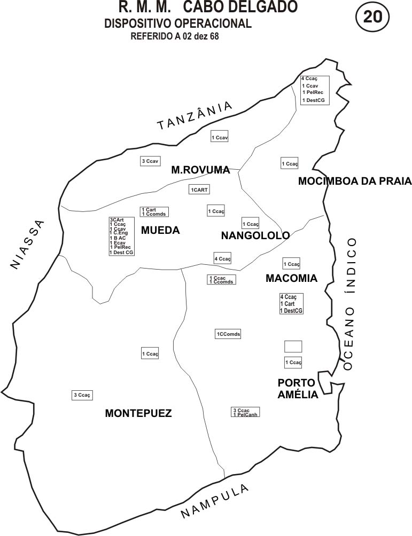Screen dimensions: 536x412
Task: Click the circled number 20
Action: tap(372, 17)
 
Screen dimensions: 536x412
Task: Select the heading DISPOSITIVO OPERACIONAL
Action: tap(178, 23)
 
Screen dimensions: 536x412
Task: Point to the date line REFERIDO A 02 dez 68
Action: tap(175, 36)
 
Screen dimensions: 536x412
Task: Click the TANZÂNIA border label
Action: tap(195, 115)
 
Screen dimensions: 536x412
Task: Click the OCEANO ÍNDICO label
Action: tap(349, 303)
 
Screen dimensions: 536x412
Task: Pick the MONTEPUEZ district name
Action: tap(138, 413)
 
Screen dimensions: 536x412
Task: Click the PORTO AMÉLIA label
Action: tap(298, 389)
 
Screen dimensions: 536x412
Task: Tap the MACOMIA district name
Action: tap(291, 278)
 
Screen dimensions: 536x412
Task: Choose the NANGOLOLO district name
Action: tap(255, 235)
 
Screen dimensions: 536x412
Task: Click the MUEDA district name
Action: tap(160, 231)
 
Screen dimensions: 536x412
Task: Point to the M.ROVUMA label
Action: tap(200, 170)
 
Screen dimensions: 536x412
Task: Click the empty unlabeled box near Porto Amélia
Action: tap(293, 346)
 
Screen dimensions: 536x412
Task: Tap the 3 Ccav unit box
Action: tap(150, 161)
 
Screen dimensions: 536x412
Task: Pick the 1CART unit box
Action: tap(199, 190)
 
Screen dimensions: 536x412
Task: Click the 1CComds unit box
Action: tap(228, 334)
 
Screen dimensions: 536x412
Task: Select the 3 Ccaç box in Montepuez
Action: tap(82, 395)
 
